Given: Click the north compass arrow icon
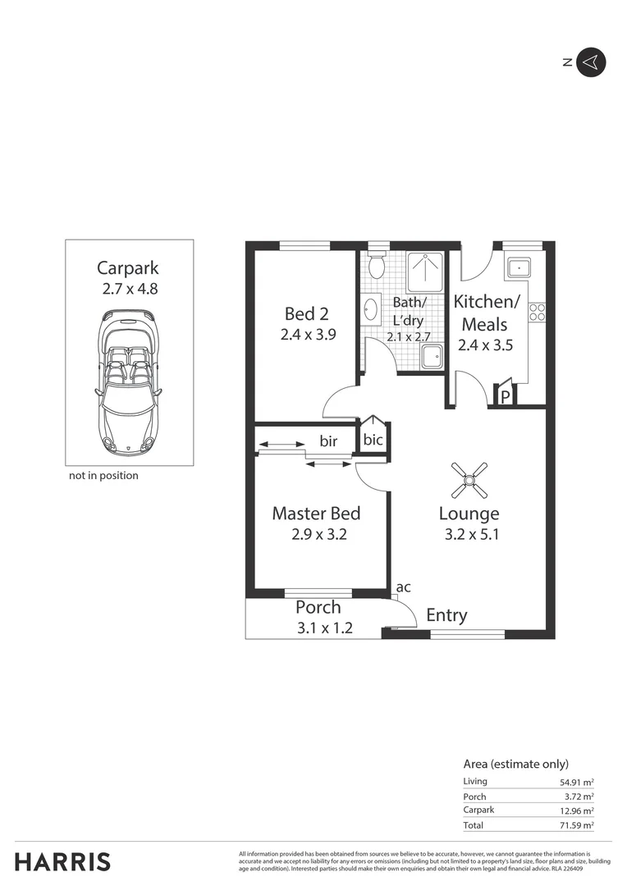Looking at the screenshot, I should coord(590,62).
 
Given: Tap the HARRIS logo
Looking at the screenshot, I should coord(62,861).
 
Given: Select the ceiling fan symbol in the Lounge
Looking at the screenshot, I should coord(469,480).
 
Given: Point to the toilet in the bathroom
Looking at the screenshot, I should coord(378,265).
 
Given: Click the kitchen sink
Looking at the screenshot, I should coord(519,267).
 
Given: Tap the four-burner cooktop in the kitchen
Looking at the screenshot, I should coord(538,312).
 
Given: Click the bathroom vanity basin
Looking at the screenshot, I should coord(370,310).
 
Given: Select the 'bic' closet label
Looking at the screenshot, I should coord(373,440).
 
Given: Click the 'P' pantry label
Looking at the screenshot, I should coord(506,396).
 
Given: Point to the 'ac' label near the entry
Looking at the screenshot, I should coord(403,587).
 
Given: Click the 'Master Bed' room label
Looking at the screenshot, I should coord(316,514).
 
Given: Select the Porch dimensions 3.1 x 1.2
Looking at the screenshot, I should coord(324,628).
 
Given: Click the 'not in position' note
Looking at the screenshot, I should coord(103,475).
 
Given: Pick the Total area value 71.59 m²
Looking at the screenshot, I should coord(577,825).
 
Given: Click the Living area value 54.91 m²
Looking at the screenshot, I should coord(577,782).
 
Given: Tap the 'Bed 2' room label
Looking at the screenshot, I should coord(306,313).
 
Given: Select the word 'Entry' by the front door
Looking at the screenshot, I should coord(446,615).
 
